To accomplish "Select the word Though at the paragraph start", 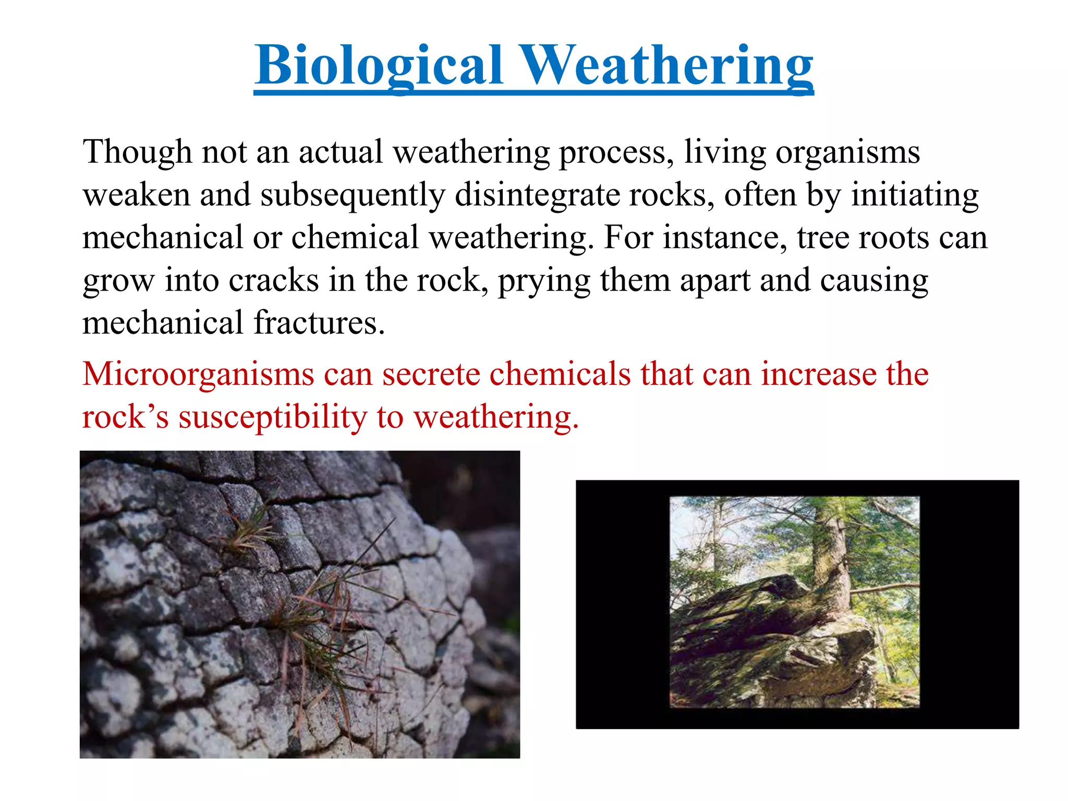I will coord(137,152).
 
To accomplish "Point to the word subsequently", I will coord(353,195).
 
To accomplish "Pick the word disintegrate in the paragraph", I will coord(537,195).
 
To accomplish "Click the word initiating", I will coord(915,195).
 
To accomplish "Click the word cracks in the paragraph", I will coord(273,281).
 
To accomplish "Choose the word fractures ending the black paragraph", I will coord(319,323).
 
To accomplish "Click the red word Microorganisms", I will coord(198,374).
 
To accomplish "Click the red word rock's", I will coord(126,417).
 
